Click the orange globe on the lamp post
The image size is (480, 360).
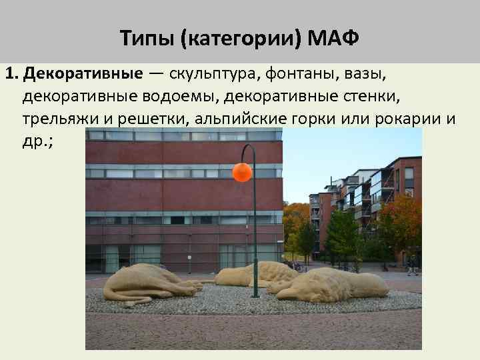click(x=242, y=173)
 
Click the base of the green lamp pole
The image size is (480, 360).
click(x=255, y=294)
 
